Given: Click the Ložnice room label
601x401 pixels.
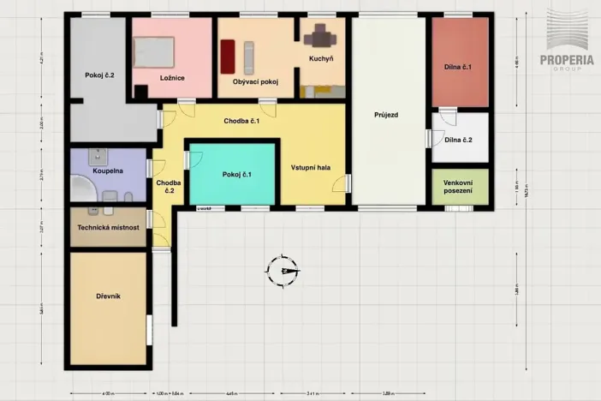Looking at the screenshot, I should pos(172,78).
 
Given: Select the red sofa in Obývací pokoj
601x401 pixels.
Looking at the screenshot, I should pos(228,57).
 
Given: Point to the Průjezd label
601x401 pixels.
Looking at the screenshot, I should pos(386,114).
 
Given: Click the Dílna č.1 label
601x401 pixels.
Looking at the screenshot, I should pos(458,66).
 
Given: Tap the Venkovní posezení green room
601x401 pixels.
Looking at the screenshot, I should pos(460,187).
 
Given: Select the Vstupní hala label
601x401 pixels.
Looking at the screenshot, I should pos(311,167).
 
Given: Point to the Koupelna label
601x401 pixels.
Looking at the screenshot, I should pos(108,171).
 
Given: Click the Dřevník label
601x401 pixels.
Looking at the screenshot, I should pos(108,296).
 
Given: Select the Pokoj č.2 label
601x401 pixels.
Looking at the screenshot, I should pos(99,75).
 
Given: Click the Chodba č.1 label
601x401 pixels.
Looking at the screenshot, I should pos(241,122).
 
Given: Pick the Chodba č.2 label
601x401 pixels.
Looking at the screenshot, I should pos(168,186).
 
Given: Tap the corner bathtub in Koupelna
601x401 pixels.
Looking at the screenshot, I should pos(84,190).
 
